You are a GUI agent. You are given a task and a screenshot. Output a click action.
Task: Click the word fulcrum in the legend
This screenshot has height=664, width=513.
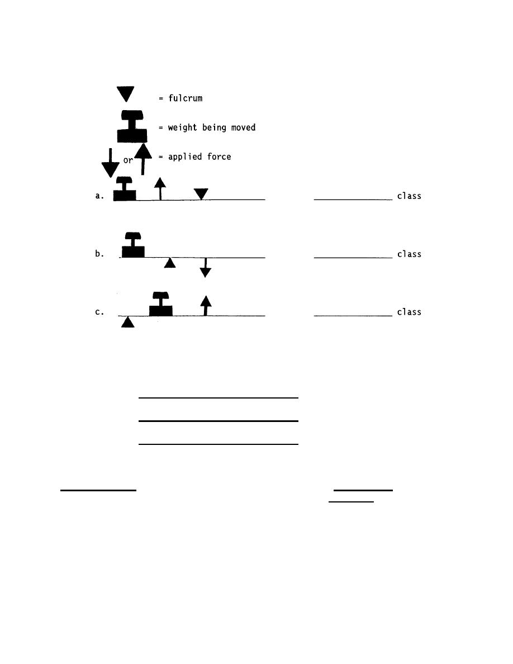185,98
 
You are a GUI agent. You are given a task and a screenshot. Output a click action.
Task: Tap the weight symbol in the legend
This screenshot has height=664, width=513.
132,128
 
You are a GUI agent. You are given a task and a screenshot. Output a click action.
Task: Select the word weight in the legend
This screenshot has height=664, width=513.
183,128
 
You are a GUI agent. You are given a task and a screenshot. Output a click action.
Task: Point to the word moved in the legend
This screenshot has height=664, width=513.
242,128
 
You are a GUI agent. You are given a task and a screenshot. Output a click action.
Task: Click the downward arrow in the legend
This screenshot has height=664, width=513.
111,163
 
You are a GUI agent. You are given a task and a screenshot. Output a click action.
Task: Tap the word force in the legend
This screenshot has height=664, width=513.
218,157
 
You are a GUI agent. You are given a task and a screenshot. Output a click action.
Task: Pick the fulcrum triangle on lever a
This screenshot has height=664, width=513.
201,194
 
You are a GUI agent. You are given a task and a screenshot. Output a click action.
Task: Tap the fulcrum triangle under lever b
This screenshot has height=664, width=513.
170,262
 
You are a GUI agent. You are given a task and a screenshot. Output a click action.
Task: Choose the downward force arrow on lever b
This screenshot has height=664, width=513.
206,268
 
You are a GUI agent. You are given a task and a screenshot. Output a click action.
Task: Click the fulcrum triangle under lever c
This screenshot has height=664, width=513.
128,322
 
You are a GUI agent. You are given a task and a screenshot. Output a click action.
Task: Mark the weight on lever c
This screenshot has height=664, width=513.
161,305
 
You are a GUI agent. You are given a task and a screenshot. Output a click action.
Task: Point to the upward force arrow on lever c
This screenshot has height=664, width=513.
206,306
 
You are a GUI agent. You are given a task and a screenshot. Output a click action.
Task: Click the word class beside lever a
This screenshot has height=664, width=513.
409,196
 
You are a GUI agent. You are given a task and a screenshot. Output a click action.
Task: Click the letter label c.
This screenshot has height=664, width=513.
99,312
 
